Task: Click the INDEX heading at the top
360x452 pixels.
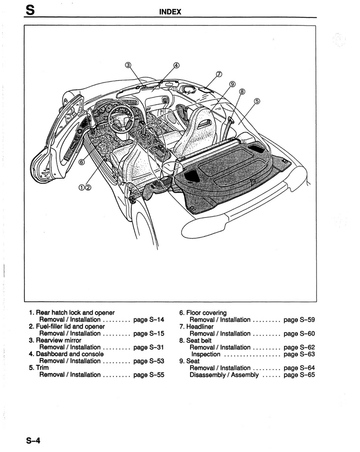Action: (x=170, y=11)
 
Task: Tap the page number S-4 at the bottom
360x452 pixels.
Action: (x=33, y=441)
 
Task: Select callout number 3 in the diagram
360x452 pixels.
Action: (x=128, y=65)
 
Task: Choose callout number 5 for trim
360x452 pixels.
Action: (x=257, y=100)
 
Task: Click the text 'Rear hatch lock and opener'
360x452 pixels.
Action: (x=75, y=313)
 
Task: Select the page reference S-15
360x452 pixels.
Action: (x=149, y=333)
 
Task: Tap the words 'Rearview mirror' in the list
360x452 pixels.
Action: (x=59, y=340)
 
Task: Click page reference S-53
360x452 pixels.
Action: (x=149, y=361)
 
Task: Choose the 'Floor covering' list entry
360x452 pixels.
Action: (x=206, y=313)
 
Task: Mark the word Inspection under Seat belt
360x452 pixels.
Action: (x=206, y=354)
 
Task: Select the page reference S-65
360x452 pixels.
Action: (x=299, y=375)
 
